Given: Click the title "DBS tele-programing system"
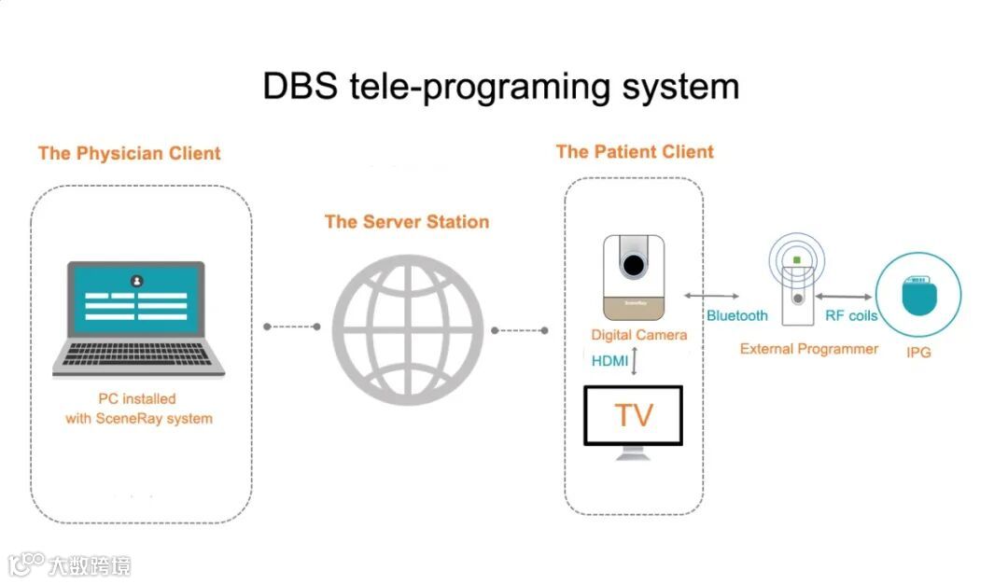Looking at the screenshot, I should (x=500, y=87).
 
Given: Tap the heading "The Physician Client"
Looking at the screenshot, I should (x=130, y=153).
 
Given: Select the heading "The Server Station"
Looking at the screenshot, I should (x=407, y=222).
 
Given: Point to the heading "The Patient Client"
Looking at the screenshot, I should (x=635, y=151).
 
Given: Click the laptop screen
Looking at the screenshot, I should (x=137, y=299).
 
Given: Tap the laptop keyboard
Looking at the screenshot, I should (x=138, y=355).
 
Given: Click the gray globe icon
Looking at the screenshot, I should (x=407, y=327).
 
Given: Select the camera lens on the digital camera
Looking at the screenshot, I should (x=635, y=265).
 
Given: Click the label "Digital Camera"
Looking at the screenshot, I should (x=639, y=335).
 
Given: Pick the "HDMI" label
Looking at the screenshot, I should (x=610, y=361).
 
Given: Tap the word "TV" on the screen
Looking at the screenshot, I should (x=634, y=415).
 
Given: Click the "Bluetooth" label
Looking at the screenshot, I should (x=737, y=315).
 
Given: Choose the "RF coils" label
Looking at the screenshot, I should (x=851, y=315).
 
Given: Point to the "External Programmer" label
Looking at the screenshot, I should (x=809, y=349).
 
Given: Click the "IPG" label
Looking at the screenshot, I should (x=918, y=353).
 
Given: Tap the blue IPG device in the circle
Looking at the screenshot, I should (x=919, y=297).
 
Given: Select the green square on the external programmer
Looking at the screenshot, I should (x=796, y=257).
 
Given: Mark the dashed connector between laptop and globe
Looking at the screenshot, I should (x=292, y=327).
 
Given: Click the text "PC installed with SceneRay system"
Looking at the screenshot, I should (x=138, y=409).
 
